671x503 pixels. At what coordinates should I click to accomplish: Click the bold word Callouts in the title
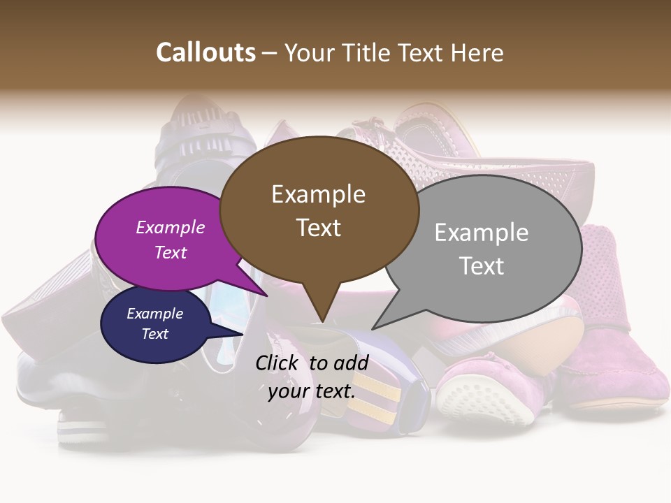[x=205, y=52]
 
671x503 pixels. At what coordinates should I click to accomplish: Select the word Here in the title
[x=477, y=52]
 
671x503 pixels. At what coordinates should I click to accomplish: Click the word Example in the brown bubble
[x=319, y=194]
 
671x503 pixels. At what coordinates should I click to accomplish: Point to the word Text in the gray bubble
[x=482, y=266]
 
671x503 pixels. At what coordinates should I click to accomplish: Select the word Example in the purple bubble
[x=171, y=227]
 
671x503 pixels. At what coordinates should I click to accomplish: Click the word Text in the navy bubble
[x=155, y=334]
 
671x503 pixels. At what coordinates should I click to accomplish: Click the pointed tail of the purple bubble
[x=259, y=289]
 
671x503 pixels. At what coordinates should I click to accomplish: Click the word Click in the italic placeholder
[x=278, y=363]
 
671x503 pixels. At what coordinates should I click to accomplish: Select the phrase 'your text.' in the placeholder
[x=312, y=391]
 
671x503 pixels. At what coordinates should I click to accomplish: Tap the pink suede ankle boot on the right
[x=615, y=328]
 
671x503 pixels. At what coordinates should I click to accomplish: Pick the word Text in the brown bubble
[x=319, y=228]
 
